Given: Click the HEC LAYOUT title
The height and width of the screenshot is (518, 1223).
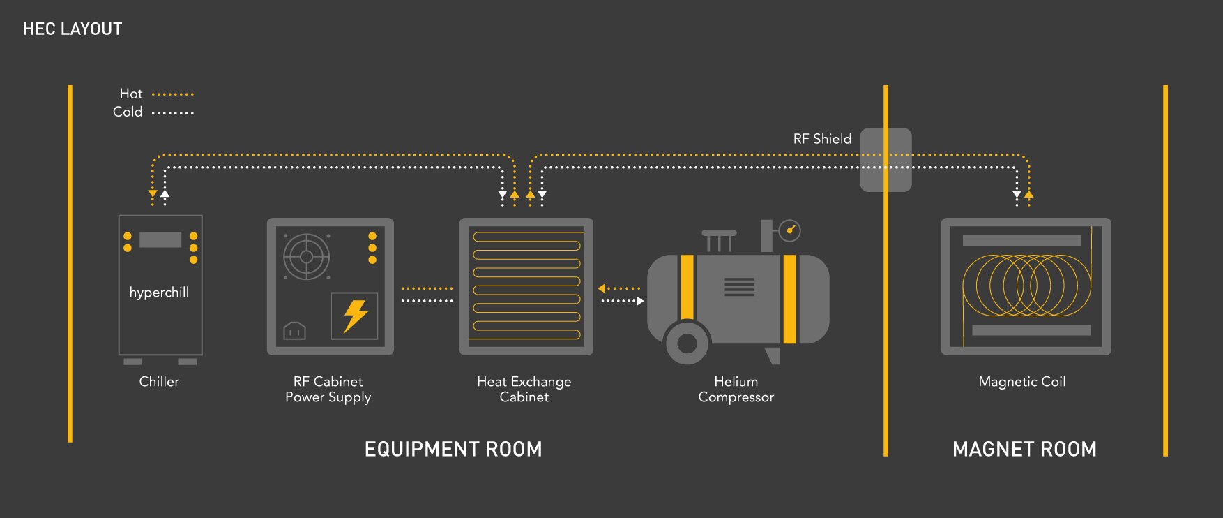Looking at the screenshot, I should (73, 29).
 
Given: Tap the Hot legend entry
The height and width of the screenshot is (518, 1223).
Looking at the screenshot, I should (131, 94).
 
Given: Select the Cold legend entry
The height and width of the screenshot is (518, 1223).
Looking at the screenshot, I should (128, 112).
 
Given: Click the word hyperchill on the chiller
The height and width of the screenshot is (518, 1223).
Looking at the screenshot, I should (159, 293).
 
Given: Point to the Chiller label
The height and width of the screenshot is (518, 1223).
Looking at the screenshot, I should (159, 382).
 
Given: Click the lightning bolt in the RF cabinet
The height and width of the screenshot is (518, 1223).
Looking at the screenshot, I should (355, 316).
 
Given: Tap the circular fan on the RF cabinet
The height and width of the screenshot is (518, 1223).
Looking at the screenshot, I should (306, 256).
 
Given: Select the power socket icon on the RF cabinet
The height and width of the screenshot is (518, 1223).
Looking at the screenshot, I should (294, 330).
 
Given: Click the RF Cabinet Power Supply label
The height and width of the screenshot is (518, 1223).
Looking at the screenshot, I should (328, 390).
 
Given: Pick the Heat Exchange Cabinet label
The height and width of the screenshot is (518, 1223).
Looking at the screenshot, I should (524, 390).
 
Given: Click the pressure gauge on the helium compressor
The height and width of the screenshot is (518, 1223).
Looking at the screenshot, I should (790, 230).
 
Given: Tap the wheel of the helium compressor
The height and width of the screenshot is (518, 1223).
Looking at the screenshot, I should (687, 343).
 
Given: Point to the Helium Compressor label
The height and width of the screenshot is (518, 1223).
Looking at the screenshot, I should (736, 390).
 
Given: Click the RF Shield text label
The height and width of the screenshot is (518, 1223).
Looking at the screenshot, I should (822, 139).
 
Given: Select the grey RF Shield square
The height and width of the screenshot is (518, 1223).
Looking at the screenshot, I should (886, 160).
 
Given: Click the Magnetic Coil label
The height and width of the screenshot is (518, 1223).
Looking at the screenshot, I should (1022, 382).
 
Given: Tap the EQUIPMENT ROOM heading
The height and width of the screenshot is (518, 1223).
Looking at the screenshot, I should (453, 449).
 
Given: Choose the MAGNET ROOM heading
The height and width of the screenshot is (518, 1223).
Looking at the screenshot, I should (1024, 449).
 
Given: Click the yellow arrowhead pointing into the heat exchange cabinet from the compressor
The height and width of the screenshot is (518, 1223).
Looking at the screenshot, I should (602, 288).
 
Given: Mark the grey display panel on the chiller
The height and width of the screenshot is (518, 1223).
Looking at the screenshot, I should (160, 240).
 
